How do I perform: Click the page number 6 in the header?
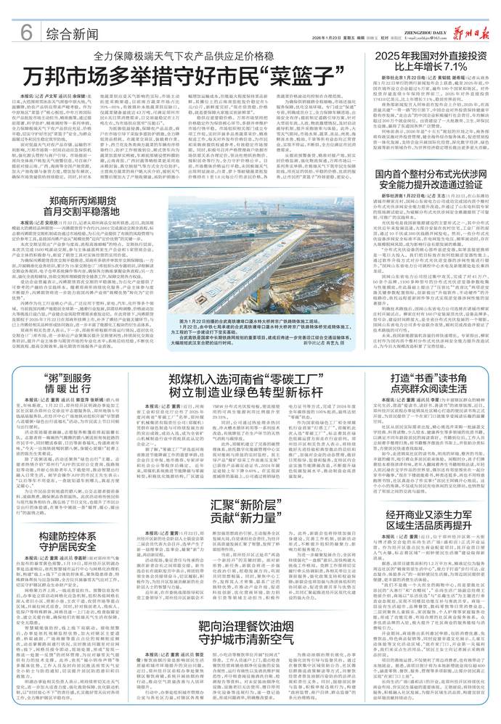(x=25, y=32)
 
